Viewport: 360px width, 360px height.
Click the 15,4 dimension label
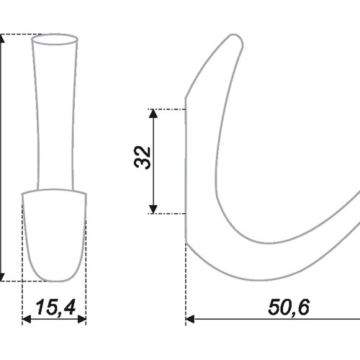pos(55,307)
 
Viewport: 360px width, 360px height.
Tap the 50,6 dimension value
pos(289,307)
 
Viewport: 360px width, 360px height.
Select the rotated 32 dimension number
pos(143,158)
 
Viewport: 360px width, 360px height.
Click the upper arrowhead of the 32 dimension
pos(153,114)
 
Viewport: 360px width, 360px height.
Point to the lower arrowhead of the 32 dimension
pos(153,209)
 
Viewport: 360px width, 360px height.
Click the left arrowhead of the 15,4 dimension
pos(27,319)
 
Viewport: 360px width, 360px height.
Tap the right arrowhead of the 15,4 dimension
pos(82,319)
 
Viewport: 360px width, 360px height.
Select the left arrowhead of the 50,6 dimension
pos(190,319)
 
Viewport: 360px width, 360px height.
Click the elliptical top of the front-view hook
pos(55,39)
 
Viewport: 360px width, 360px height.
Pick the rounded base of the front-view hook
pos(54,235)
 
